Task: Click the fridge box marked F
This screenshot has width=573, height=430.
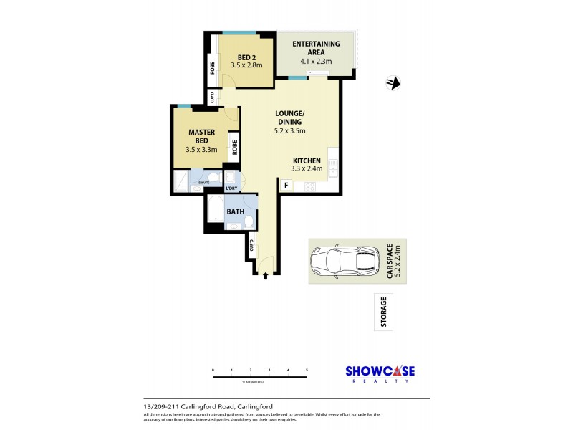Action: point(286,186)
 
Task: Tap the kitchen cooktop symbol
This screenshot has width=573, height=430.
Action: point(310,186)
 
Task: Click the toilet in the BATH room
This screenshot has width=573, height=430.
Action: point(248,223)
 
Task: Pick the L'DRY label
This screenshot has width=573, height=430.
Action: point(231,188)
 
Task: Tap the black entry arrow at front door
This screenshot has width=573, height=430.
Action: point(266,274)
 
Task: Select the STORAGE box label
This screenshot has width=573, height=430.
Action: point(384,312)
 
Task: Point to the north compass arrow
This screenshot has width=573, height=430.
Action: point(392,83)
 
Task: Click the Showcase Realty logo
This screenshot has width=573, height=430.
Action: point(380,373)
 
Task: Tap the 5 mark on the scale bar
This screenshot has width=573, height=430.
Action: point(307,370)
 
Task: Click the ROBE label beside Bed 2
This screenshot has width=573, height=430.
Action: point(213,69)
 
